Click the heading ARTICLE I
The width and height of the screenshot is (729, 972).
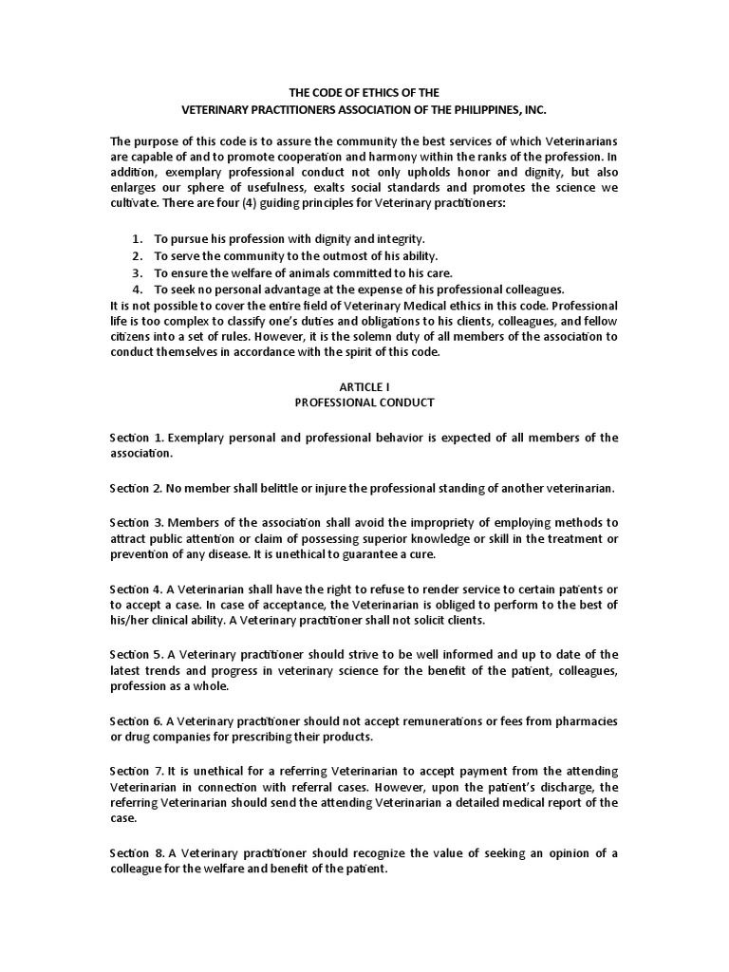pos(364,386)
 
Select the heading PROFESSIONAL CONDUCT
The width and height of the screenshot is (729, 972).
pos(364,402)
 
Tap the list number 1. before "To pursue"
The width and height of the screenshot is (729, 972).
pos(138,240)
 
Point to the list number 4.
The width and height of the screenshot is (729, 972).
pos(138,289)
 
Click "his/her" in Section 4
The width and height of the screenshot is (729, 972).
pos(131,621)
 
